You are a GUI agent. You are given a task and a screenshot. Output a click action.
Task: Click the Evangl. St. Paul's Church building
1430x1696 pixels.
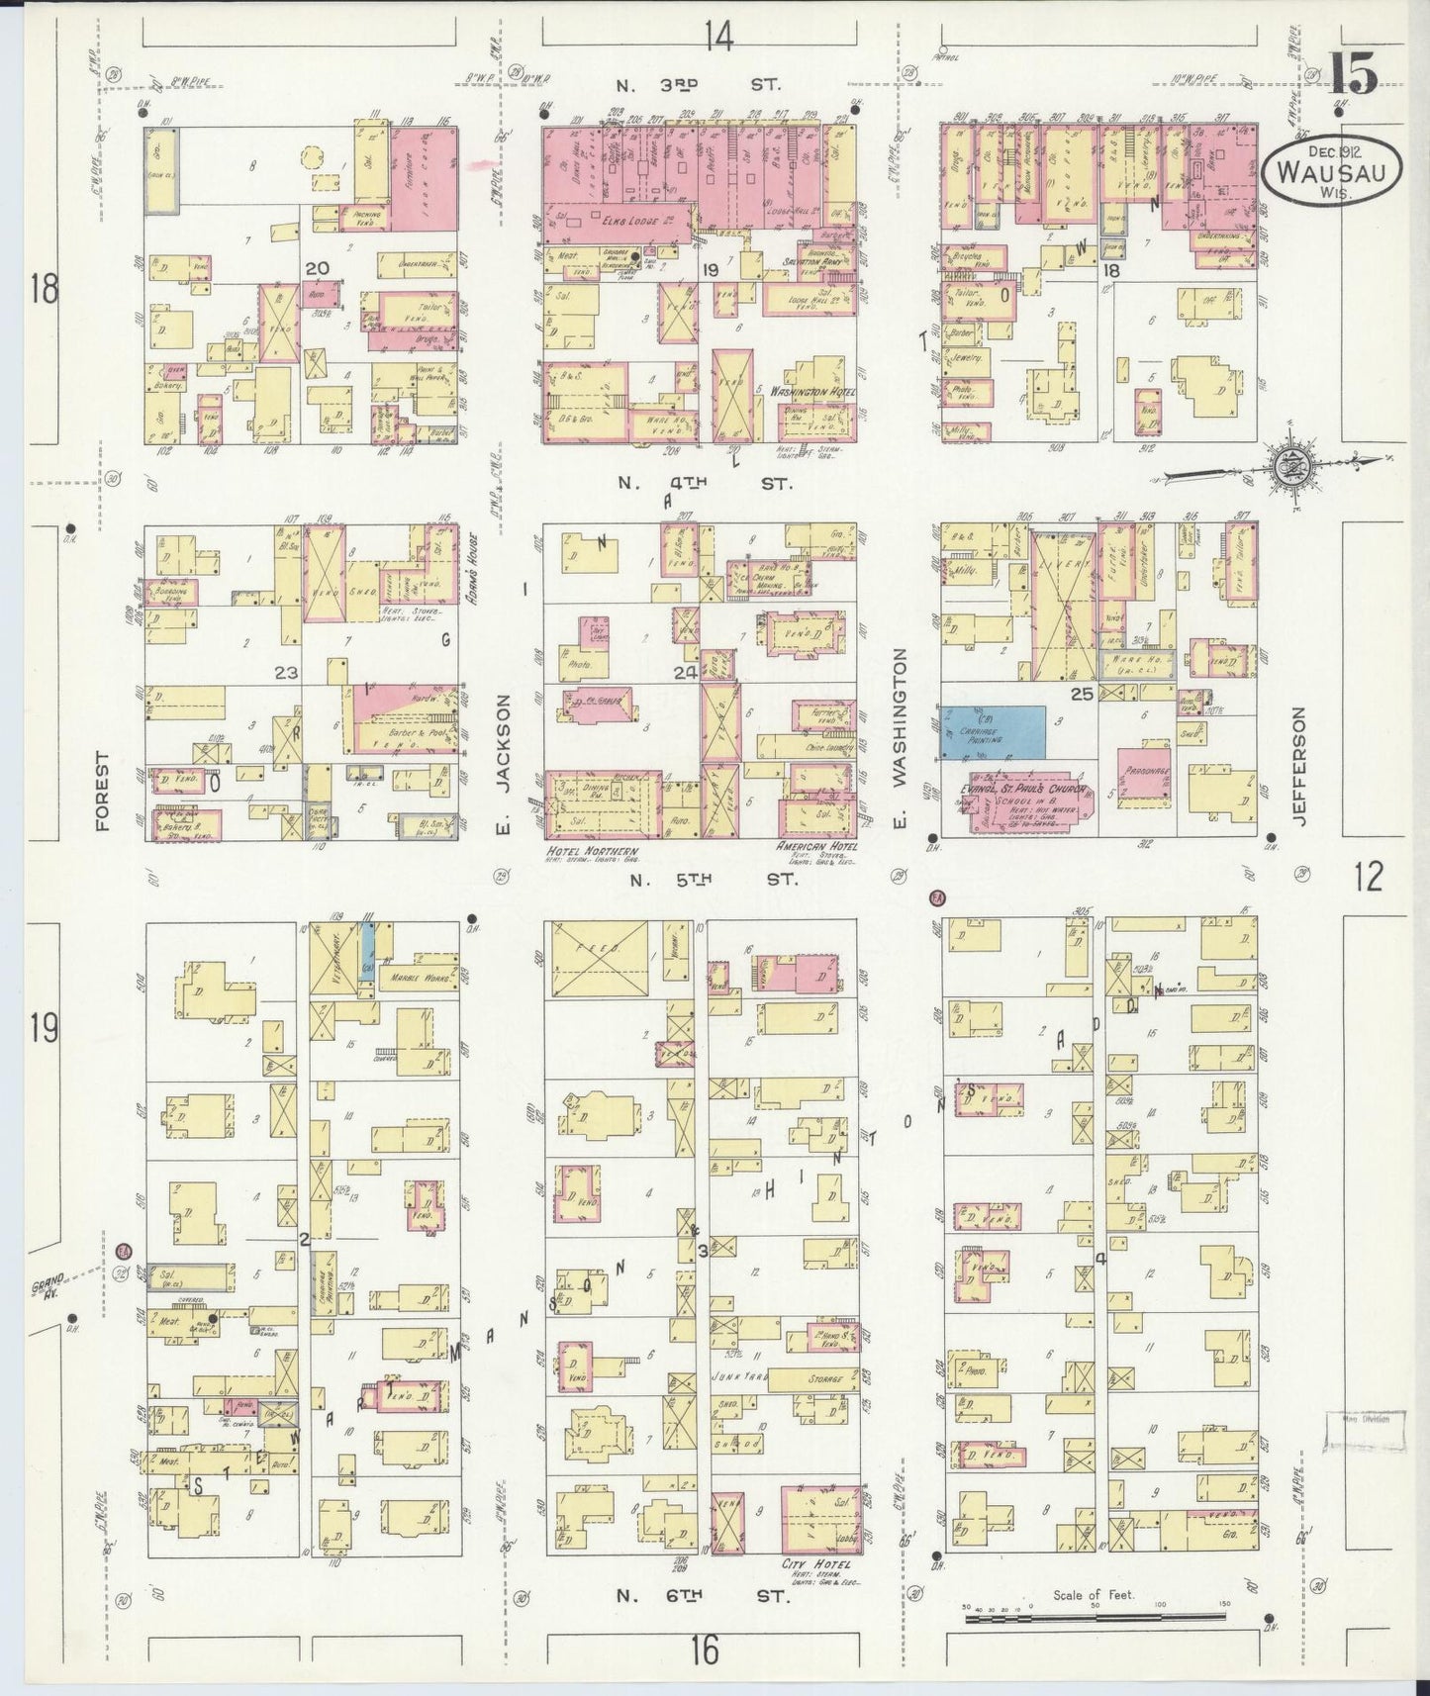click(1029, 801)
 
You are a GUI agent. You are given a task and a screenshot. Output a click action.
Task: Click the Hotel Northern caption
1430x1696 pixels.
click(591, 852)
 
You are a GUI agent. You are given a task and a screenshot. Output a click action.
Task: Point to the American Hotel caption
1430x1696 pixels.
click(815, 848)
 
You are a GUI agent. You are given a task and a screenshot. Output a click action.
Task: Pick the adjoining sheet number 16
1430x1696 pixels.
click(705, 1650)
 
